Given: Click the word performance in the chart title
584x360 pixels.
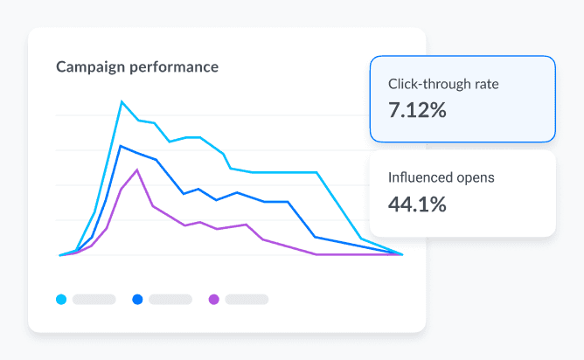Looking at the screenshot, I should [x=173, y=67].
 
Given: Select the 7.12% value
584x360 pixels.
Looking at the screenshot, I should [x=417, y=110].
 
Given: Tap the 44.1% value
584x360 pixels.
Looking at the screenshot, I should [x=417, y=204].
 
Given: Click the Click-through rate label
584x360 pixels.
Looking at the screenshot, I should [x=443, y=86].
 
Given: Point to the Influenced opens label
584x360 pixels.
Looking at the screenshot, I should [x=441, y=177].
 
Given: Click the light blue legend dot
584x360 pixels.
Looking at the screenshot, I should [x=61, y=300].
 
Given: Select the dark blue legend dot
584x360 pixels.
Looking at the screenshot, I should [x=137, y=300].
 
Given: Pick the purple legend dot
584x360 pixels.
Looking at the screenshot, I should [x=214, y=300].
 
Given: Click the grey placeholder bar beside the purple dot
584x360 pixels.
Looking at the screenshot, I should [x=247, y=300].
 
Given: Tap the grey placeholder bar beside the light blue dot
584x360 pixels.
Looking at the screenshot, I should [x=94, y=300].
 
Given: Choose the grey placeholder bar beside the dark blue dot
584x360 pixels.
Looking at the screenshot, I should [x=170, y=300].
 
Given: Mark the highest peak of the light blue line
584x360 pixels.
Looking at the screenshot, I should [x=122, y=101].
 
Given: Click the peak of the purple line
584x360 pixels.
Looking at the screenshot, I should [x=137, y=170].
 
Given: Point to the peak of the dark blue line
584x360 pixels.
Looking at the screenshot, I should [x=121, y=146].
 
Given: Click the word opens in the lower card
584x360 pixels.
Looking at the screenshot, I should [x=476, y=177].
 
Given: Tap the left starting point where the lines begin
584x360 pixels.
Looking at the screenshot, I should [x=60, y=255].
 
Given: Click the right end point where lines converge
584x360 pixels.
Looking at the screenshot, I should [x=402, y=254].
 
